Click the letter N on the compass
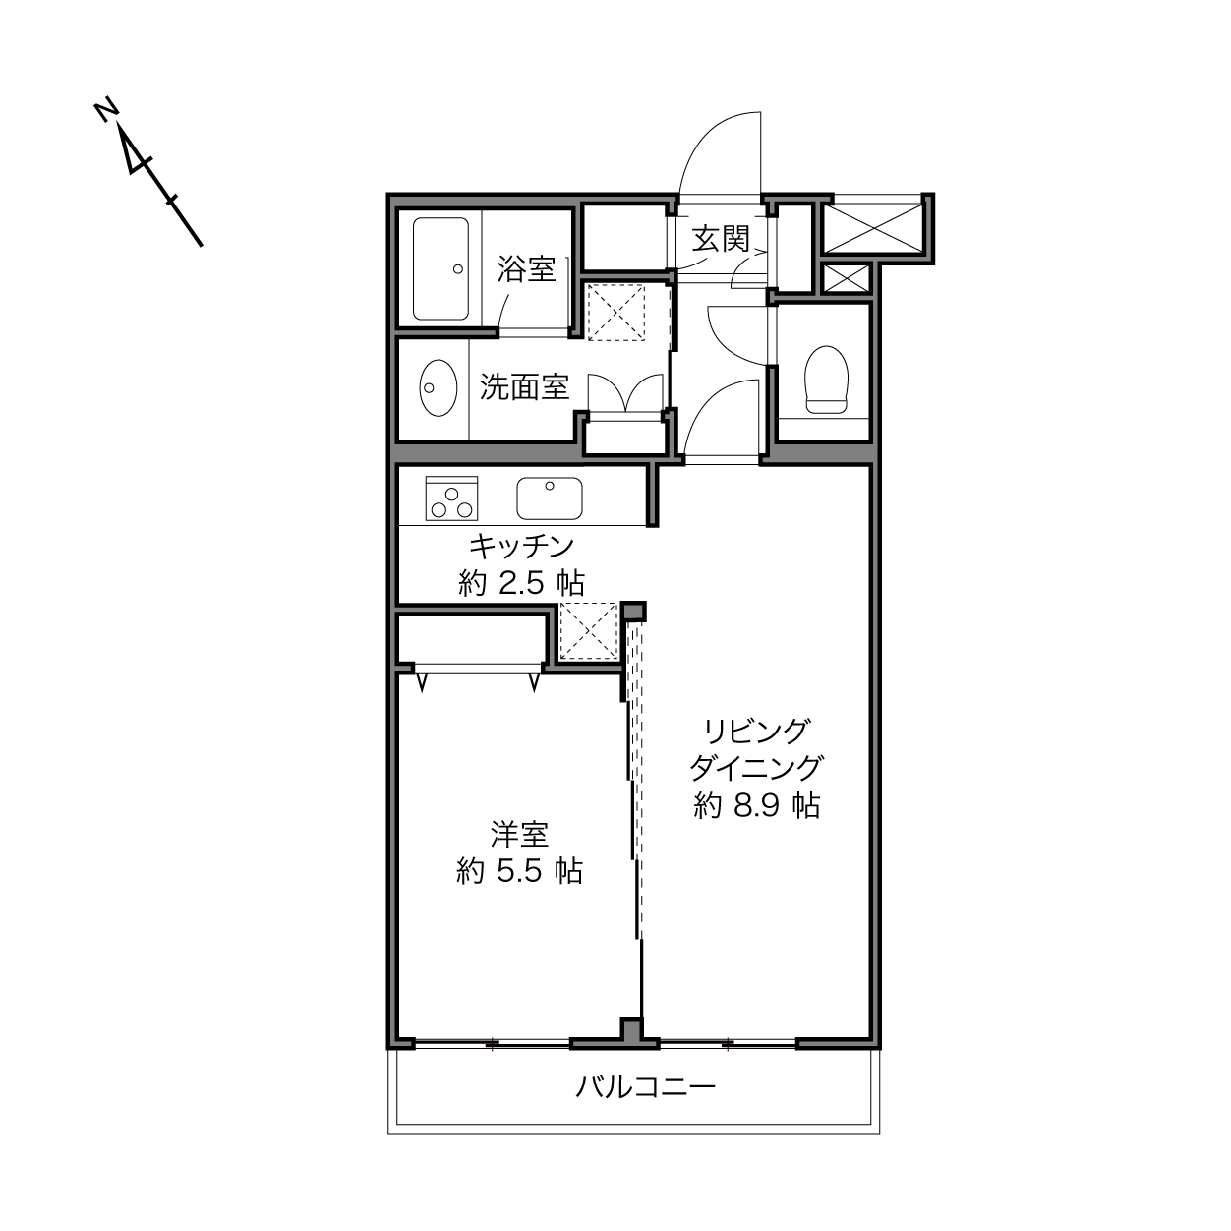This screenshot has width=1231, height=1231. click(107, 110)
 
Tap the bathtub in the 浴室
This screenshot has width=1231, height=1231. click(440, 269)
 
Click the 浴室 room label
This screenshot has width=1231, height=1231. click(526, 268)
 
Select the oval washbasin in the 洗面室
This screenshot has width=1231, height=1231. click(439, 387)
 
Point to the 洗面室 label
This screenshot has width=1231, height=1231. click(524, 387)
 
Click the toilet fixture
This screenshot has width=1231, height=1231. click(827, 380)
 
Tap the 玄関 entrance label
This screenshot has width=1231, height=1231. click(721, 239)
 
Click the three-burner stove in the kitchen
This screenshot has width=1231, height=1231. click(451, 498)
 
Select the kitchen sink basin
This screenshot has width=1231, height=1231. click(550, 498)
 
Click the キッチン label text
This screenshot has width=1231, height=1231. click(522, 547)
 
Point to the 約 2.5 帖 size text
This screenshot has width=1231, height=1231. click(521, 583)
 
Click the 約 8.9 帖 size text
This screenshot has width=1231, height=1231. click(757, 805)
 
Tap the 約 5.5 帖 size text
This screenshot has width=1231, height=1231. click(519, 871)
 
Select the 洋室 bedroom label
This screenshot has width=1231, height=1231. click(519, 835)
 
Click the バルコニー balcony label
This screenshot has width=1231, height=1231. click(646, 1086)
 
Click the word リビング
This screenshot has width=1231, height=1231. click(757, 733)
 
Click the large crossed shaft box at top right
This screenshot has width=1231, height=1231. click(873, 227)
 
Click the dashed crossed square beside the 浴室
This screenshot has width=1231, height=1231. click(615, 313)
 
